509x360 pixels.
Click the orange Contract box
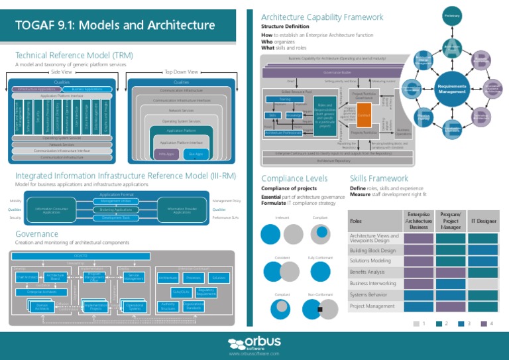(x=364, y=115)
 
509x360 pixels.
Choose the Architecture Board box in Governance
(x=55, y=276)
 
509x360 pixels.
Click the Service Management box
(x=133, y=276)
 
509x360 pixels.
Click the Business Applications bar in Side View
(x=87, y=88)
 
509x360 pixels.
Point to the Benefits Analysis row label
(x=367, y=272)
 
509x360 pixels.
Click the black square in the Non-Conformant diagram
(x=319, y=310)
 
